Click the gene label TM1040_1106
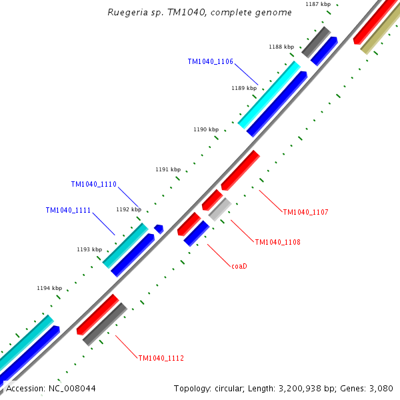pyautogui.click(x=210, y=61)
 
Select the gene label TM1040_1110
pyautogui.click(x=94, y=184)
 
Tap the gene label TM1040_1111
pyautogui.click(x=68, y=210)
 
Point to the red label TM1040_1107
pyautogui.click(x=305, y=212)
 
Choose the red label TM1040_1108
pyautogui.click(x=277, y=242)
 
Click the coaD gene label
pyautogui.click(x=239, y=266)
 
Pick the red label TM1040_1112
pyautogui.click(x=161, y=358)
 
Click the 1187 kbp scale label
pyautogui.click(x=318, y=5)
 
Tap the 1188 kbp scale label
pyautogui.click(x=281, y=47)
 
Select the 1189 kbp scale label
pyautogui.click(x=244, y=88)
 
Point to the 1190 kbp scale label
pyautogui.click(x=206, y=129)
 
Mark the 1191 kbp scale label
pyautogui.click(x=168, y=169)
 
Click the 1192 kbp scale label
pyautogui.click(x=129, y=209)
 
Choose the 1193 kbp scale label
pyautogui.click(x=89, y=249)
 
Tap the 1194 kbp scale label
pyautogui.click(x=49, y=288)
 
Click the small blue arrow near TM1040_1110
pyautogui.click(x=159, y=229)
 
